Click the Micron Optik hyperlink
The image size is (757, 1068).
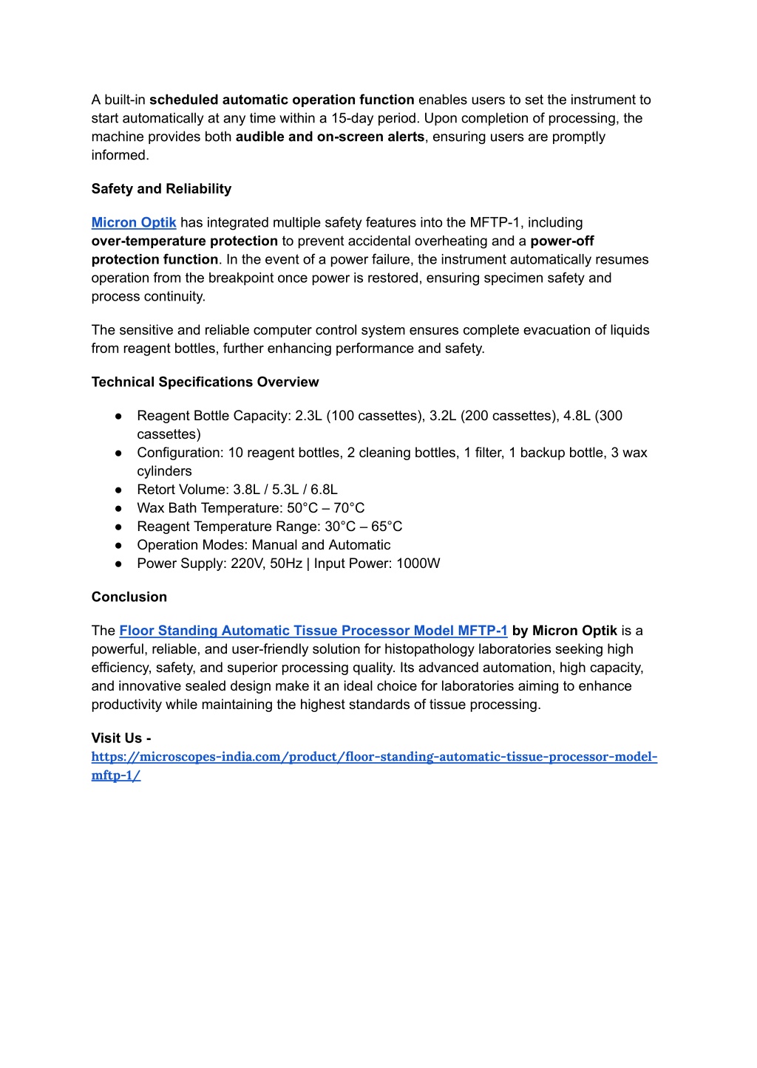tap(134, 222)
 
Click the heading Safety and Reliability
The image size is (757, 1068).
tap(161, 189)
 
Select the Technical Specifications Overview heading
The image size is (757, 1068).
tap(205, 382)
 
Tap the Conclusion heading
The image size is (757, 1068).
tap(129, 597)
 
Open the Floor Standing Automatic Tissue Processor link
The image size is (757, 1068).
tap(313, 631)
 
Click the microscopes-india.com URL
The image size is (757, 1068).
tap(374, 757)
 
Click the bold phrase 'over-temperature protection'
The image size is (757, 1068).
tap(185, 241)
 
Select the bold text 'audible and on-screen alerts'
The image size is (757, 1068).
tap(330, 137)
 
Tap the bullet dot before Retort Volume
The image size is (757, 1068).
tap(118, 490)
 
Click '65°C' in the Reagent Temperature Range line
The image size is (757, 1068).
tap(387, 527)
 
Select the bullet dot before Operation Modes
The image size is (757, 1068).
tap(118, 545)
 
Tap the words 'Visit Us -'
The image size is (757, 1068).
tap(121, 738)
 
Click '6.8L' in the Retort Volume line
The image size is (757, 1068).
tap(324, 490)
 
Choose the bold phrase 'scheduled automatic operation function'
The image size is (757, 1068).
tap(282, 100)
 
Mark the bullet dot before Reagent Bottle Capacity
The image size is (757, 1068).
tap(118, 416)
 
